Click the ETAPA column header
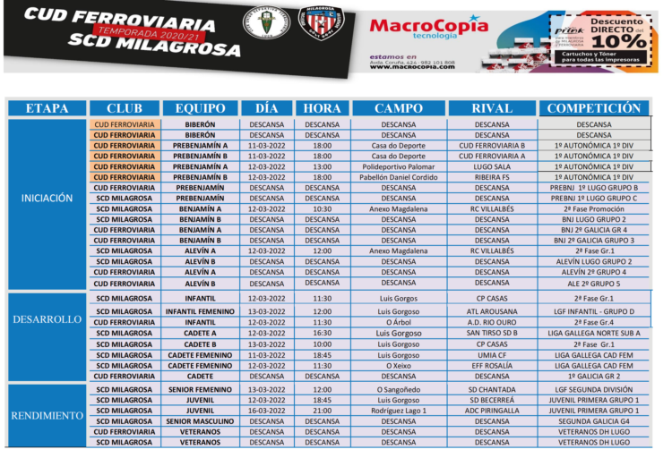[47, 108]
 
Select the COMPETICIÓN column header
[593, 108]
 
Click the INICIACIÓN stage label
[47, 199]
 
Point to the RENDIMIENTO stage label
[47, 416]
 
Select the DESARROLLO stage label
[47, 319]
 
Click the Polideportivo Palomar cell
[399, 166]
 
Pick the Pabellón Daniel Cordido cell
[399, 177]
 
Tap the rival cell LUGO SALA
[492, 166]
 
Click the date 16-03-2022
[266, 411]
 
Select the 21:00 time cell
[322, 411]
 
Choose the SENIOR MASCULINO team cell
[200, 421]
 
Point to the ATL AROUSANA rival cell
[492, 311]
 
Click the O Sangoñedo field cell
[399, 389]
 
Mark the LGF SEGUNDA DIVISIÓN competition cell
[593, 389]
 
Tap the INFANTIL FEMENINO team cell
[200, 311]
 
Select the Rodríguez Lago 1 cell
[399, 411]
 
